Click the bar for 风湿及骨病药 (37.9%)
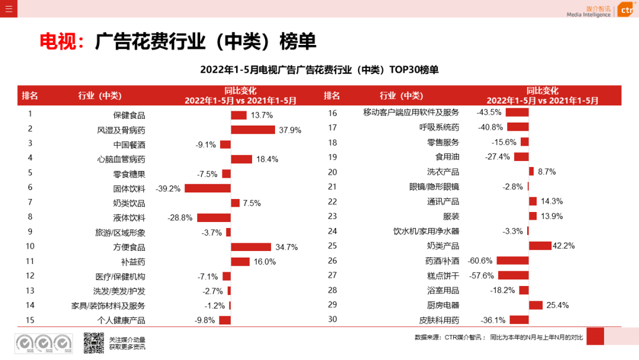pos(253,130)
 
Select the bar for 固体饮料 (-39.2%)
pos(207,188)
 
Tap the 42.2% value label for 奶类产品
pos(563,246)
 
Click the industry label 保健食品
pos(129,115)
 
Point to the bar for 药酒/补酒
pos(512,261)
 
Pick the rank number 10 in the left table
pos(30,246)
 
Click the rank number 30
pos(332,320)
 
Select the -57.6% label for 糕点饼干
pos(481,275)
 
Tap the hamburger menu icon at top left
pos(8,8)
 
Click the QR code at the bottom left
pos(93,343)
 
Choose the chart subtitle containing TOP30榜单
pos(319,70)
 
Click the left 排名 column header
pos(30,95)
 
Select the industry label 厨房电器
pos(443,306)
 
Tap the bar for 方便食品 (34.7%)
pos(251,247)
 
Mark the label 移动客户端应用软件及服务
pos(411,112)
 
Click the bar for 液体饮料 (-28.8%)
pos(214,217)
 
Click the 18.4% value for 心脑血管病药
pos(267,159)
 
